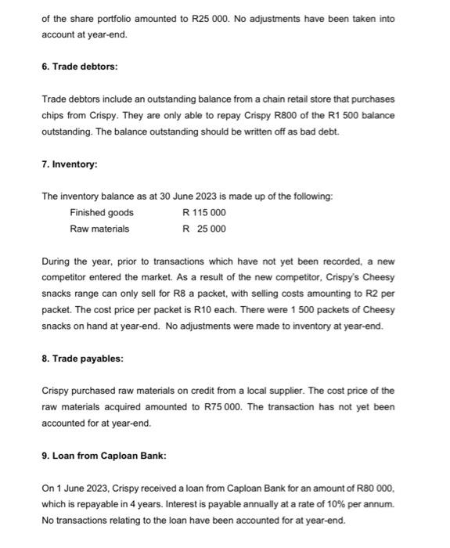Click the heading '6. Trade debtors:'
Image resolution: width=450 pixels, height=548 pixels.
tap(80, 67)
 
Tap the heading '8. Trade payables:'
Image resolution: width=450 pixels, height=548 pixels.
tap(82, 359)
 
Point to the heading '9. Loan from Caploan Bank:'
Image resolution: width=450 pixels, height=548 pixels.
tap(104, 456)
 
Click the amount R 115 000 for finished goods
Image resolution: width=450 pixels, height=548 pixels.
tap(203, 213)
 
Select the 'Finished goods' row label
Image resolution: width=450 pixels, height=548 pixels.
tap(102, 213)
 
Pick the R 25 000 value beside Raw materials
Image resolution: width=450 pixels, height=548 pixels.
tap(203, 229)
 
